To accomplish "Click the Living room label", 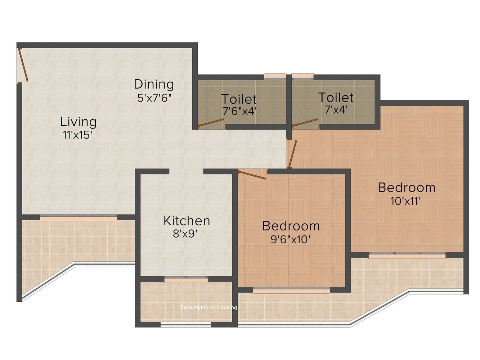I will (x=78, y=122).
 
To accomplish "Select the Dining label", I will (x=154, y=84).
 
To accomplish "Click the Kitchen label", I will (x=187, y=221).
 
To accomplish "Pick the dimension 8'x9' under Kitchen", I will (x=185, y=234).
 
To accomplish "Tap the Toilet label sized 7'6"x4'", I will (x=239, y=99).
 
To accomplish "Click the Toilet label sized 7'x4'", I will (x=336, y=97).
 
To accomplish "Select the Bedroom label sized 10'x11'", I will (x=407, y=188).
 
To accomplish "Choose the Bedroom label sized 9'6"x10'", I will (x=291, y=226).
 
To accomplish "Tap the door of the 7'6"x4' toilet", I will (x=211, y=124).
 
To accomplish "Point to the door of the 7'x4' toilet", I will (x=305, y=123).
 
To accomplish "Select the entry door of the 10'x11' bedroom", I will (x=293, y=154).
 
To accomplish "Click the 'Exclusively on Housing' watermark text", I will (x=208, y=307).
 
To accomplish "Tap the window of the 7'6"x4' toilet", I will (x=275, y=76).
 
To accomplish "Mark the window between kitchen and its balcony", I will (x=186, y=279).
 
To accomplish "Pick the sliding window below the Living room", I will (x=78, y=218).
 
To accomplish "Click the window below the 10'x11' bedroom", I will (x=407, y=255).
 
